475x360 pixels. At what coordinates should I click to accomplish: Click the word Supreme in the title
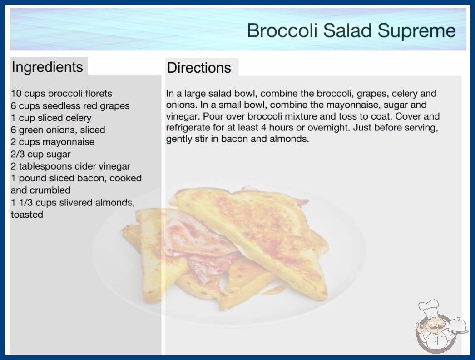[416, 30]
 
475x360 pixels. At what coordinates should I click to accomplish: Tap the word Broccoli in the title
[282, 30]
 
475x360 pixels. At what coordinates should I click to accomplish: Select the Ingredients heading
[47, 67]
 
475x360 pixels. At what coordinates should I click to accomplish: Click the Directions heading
[199, 68]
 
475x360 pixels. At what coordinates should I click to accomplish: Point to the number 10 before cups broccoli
[16, 94]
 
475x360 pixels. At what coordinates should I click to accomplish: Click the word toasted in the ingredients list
[27, 215]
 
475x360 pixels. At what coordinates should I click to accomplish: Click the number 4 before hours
[263, 128]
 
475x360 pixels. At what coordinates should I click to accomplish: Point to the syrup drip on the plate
[272, 290]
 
